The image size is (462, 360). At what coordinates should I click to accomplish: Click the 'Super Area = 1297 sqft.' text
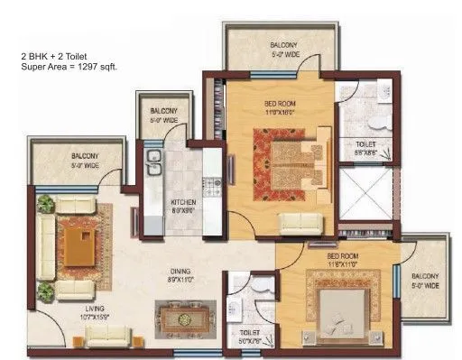pos(69,67)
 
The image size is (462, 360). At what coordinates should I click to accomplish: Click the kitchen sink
pos(154,163)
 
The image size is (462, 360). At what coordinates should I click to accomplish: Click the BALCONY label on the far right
pos(425,276)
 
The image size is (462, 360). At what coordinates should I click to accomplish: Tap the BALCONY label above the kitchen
pos(163,107)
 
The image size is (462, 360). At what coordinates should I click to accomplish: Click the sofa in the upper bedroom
pos(300,223)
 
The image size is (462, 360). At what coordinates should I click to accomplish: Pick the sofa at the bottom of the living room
pos(107,337)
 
